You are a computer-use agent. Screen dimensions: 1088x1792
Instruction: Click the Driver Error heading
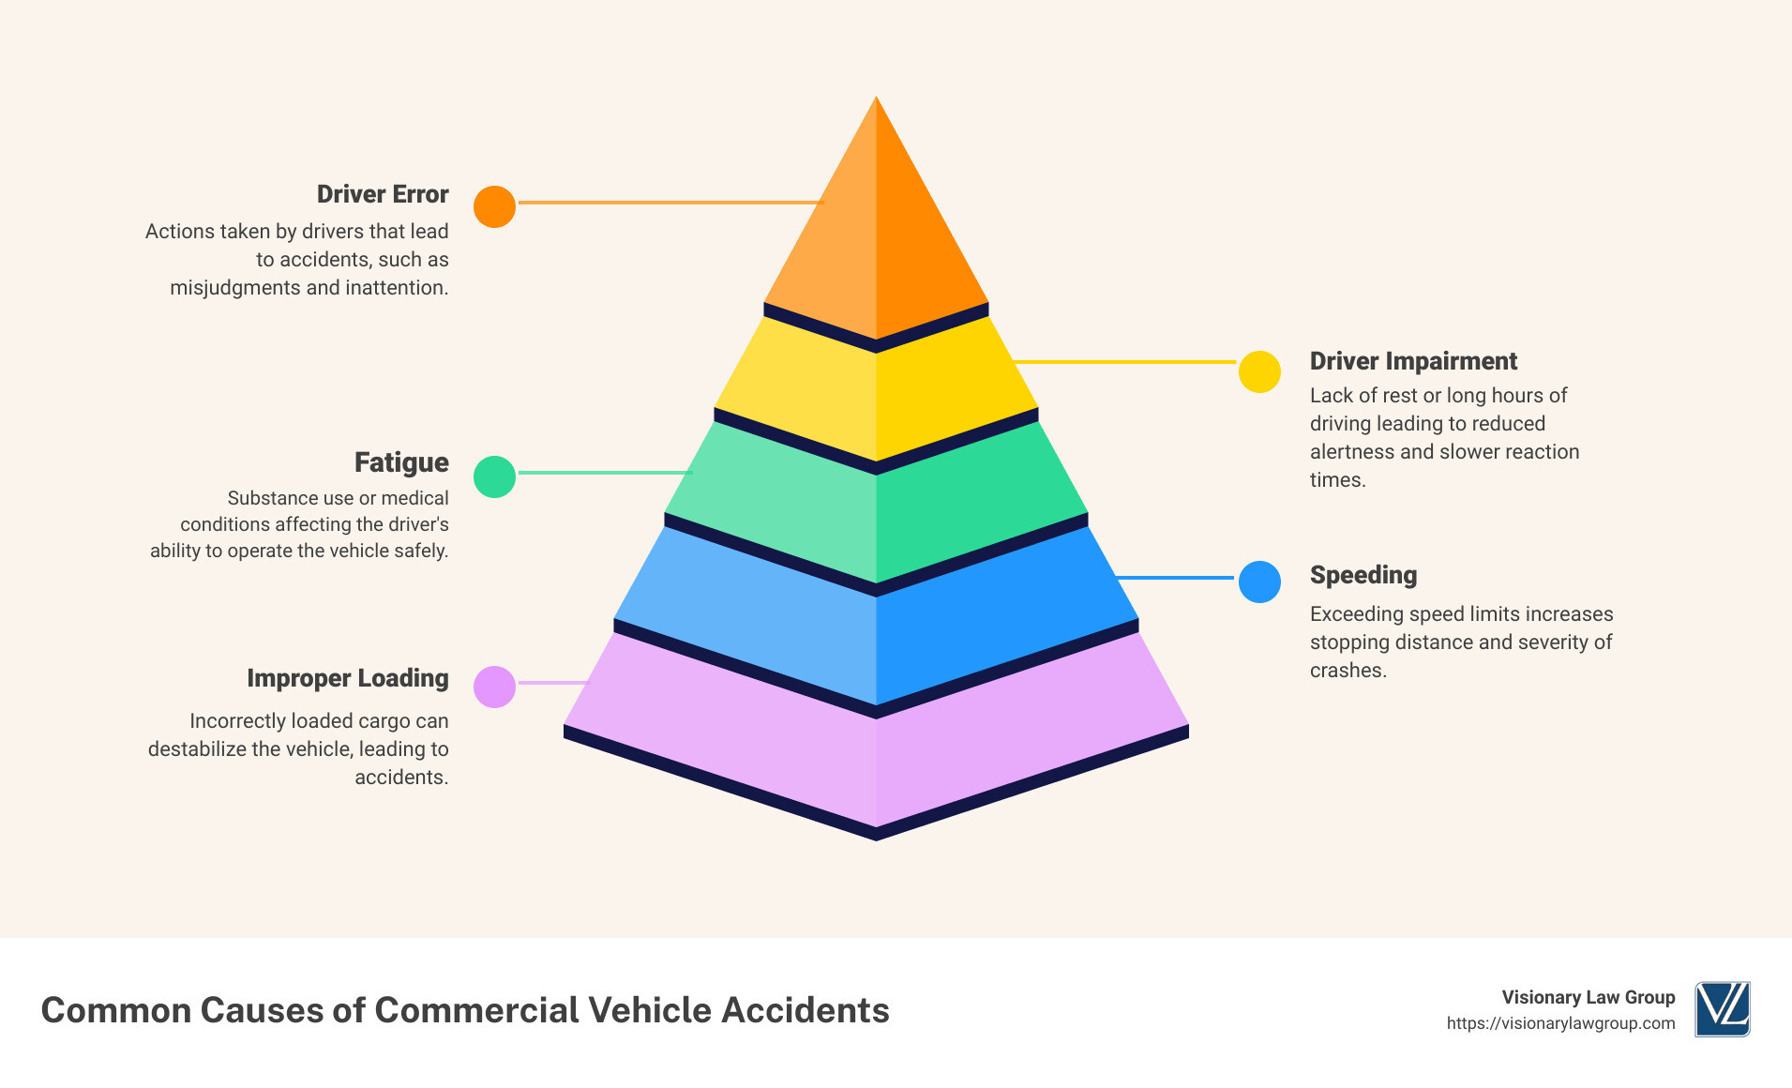pyautogui.click(x=383, y=194)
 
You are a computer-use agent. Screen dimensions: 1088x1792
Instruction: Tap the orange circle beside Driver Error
pyautogui.click(x=494, y=206)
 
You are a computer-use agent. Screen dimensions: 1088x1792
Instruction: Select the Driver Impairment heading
pyautogui.click(x=1413, y=361)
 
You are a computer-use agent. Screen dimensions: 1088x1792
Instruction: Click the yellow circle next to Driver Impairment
pyautogui.click(x=1259, y=371)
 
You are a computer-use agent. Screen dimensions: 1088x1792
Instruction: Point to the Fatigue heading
pyautogui.click(x=401, y=462)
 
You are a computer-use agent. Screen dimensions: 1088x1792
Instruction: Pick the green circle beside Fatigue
pyautogui.click(x=494, y=476)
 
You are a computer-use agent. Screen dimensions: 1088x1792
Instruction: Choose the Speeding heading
pyautogui.click(x=1363, y=575)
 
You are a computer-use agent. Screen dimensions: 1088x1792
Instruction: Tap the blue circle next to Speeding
pyautogui.click(x=1259, y=582)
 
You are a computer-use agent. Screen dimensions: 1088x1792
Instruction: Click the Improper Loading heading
pyautogui.click(x=347, y=678)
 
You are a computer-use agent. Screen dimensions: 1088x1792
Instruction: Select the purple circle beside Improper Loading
pyautogui.click(x=494, y=687)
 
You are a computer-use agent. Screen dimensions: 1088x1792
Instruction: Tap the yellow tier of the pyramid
pyautogui.click(x=876, y=394)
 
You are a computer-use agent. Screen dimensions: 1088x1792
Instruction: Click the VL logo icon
pyautogui.click(x=1722, y=1009)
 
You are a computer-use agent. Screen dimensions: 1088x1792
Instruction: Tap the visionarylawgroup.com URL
pyautogui.click(x=1560, y=1023)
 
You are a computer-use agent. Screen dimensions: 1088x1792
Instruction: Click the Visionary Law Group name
pyautogui.click(x=1588, y=997)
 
